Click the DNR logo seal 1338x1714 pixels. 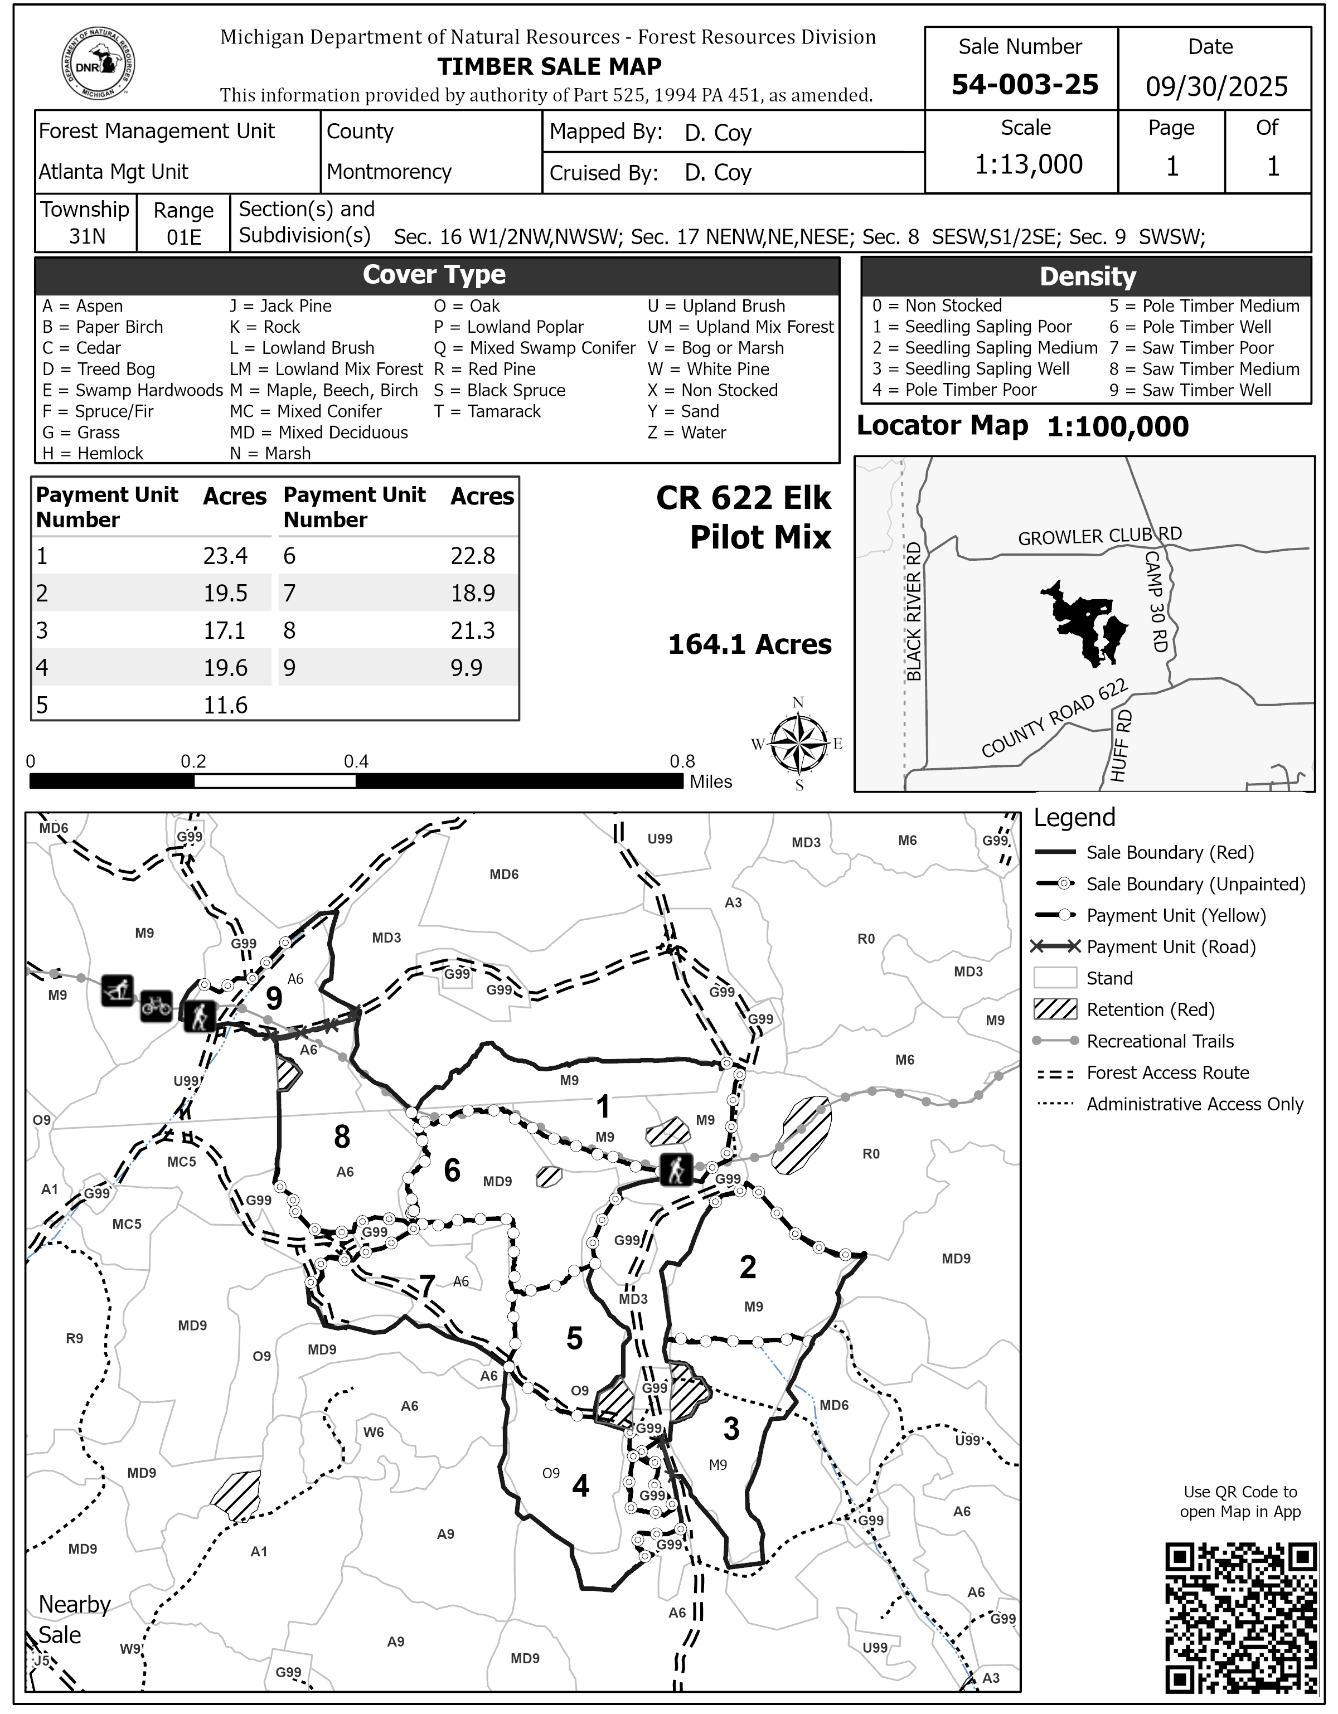[x=98, y=64]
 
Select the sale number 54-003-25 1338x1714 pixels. [x=1024, y=84]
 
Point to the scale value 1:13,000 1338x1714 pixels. [x=1028, y=164]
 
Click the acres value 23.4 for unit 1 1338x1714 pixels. [x=225, y=556]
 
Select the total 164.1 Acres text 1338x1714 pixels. [x=749, y=644]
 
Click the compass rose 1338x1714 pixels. [x=798, y=743]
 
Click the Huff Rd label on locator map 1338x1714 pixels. [x=1121, y=746]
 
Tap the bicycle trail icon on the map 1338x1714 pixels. [x=156, y=1006]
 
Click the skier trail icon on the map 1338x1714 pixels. [x=118, y=990]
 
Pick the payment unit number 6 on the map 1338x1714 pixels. [x=452, y=1170]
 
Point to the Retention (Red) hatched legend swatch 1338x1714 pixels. [x=1055, y=1009]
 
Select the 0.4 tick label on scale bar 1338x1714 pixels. [x=356, y=761]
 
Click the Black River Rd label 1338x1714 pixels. [x=913, y=612]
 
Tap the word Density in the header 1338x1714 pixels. [x=1087, y=276]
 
